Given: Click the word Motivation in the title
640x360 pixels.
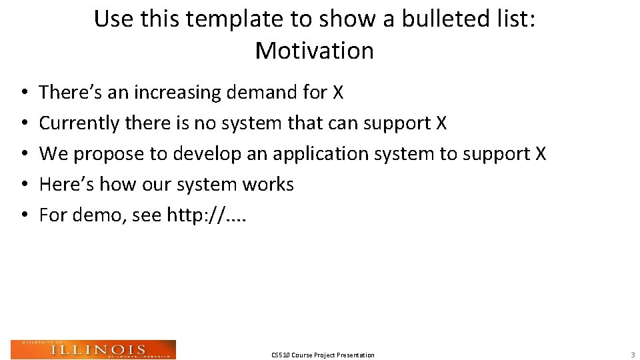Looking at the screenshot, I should coord(314,51).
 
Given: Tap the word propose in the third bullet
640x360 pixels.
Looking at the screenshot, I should coord(109,154).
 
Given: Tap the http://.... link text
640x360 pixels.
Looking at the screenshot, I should coord(206,215).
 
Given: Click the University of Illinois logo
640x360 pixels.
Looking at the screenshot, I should coord(93,349).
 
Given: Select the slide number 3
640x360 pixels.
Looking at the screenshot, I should coord(632,355).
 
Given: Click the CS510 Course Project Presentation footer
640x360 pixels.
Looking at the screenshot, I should coord(323,355).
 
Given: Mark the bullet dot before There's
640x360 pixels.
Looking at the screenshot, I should coord(23,93).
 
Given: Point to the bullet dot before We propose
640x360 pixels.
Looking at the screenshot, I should coord(23,155).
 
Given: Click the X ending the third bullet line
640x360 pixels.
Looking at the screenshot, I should coord(540,154).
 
